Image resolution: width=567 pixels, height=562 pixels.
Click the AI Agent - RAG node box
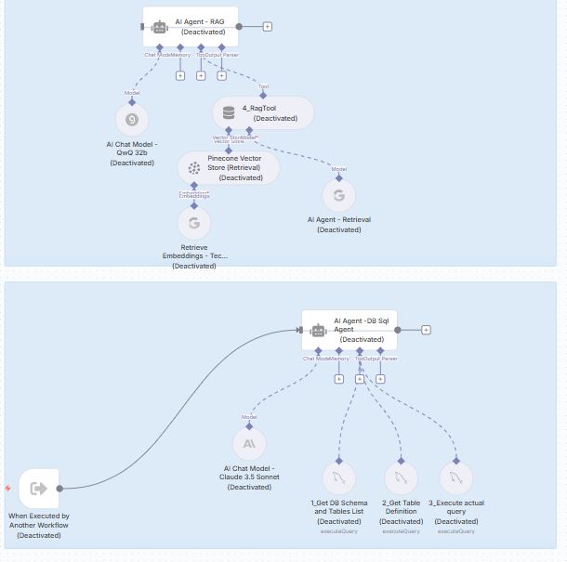[x=191, y=26]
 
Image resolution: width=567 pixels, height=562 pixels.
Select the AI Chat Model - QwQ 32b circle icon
[x=132, y=119]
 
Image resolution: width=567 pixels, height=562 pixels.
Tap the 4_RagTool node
[x=263, y=113]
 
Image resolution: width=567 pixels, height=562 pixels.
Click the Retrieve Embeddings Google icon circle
[x=193, y=223]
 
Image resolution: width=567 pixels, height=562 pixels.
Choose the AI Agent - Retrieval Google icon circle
[x=338, y=195]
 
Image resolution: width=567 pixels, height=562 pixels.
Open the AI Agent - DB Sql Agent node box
[x=349, y=330]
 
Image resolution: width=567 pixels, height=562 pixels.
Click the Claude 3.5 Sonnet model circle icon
[x=249, y=444]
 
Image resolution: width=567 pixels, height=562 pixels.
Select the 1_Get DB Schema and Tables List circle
[x=338, y=478]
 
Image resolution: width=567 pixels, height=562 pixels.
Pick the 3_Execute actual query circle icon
[x=456, y=478]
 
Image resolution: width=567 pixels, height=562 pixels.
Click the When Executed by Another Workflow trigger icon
[x=39, y=489]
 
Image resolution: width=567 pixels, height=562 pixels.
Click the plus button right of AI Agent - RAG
[x=268, y=26]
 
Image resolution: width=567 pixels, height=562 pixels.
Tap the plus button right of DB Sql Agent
[x=426, y=330]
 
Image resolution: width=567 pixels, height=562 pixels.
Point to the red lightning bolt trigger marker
[x=7, y=488]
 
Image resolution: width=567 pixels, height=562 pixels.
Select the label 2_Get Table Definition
[x=402, y=508]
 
